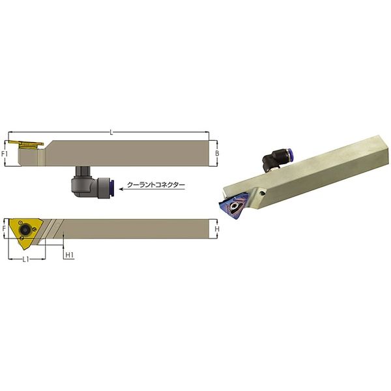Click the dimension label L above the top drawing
[111, 133]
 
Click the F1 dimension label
[5, 154]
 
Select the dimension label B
[217, 153]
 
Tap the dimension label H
[217, 229]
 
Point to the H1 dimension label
[70, 255]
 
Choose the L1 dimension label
[26, 259]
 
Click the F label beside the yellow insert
[4, 229]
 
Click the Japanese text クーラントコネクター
[156, 185]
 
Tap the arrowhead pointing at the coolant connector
[121, 189]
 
